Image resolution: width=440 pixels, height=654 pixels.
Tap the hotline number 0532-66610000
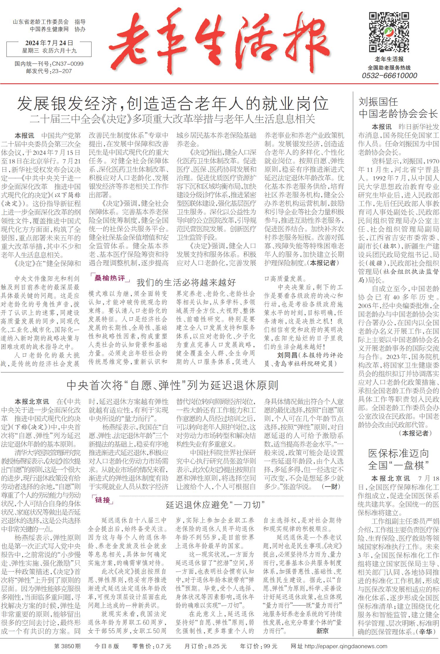(389, 75)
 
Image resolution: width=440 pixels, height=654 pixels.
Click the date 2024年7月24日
(49, 43)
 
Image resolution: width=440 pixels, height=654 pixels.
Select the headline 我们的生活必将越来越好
(186, 282)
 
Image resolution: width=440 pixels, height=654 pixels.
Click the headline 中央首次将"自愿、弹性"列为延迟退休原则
(172, 385)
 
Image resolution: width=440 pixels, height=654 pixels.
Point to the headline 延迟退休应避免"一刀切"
(215, 505)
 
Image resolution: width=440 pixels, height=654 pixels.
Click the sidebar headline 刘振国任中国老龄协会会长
(398, 108)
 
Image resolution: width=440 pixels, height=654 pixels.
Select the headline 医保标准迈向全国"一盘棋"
(398, 459)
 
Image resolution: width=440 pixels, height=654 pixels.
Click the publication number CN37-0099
(67, 64)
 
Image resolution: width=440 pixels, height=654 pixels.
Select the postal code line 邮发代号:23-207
(49, 71)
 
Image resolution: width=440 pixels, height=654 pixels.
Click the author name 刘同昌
(287, 355)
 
